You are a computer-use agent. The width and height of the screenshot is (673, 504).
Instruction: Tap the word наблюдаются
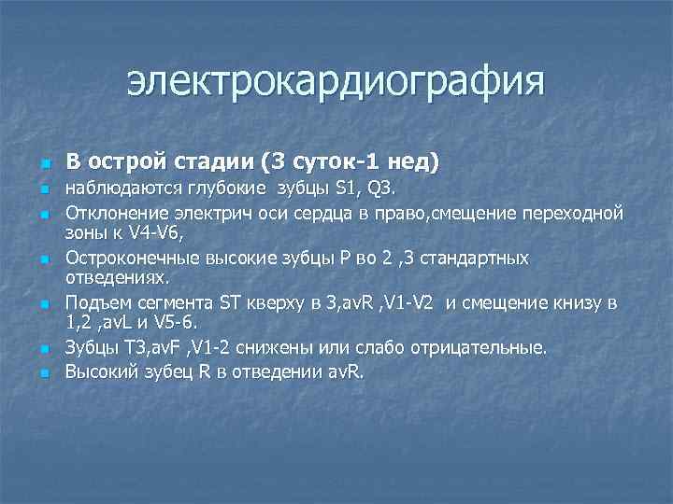click(119, 191)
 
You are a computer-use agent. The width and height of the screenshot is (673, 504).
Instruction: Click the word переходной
click(570, 213)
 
